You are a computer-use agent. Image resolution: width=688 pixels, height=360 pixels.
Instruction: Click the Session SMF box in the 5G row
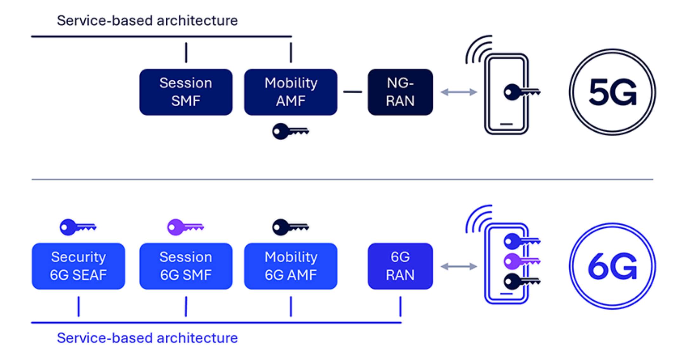[x=186, y=92]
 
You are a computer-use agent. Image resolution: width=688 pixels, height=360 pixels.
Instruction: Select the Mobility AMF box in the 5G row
[x=290, y=92]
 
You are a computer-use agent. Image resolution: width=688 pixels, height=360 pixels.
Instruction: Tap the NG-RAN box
[x=400, y=92]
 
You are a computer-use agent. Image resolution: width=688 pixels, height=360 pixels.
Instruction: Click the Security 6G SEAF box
[x=78, y=266]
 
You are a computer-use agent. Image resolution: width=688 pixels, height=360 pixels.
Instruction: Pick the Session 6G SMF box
[x=186, y=266]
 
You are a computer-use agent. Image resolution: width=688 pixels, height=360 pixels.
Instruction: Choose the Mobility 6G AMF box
[x=290, y=266]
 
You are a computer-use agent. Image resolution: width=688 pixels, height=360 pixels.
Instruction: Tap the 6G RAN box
[x=400, y=266]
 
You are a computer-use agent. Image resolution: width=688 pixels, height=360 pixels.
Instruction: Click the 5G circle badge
[x=612, y=92]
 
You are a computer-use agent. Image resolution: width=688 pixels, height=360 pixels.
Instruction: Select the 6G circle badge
[x=612, y=266]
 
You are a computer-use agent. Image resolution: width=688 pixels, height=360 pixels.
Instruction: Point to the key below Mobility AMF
[x=290, y=131]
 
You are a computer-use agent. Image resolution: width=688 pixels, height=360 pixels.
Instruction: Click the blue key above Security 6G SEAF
[x=77, y=227]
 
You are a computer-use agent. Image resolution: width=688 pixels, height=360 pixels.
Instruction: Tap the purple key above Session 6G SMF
[x=185, y=227]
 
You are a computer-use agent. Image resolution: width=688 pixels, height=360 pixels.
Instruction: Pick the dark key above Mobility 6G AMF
[x=290, y=227]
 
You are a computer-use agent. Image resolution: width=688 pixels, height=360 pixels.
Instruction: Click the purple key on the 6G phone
[x=521, y=261]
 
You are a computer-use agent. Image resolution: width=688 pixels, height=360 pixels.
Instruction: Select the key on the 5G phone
[x=521, y=92]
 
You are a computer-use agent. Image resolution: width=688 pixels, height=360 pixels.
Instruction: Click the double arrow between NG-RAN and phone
[x=459, y=92]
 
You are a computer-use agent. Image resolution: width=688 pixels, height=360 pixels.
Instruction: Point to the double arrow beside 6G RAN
[x=459, y=266]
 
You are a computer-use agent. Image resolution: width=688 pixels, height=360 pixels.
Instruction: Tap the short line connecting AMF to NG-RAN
[x=353, y=92]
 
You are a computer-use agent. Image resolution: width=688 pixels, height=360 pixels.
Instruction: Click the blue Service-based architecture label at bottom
[x=147, y=338]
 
